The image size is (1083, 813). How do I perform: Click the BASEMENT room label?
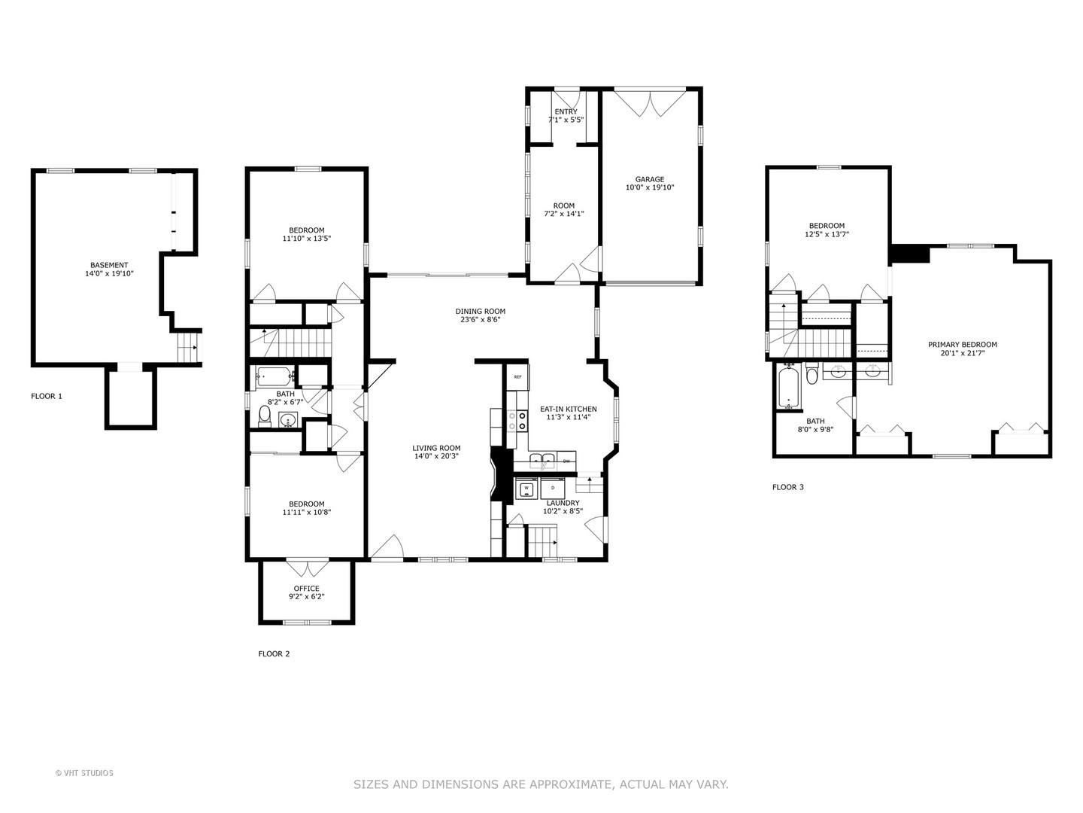point(109,265)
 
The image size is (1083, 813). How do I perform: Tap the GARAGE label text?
point(649,179)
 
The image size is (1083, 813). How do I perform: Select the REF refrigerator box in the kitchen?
point(517,376)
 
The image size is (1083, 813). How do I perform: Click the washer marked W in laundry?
point(526,489)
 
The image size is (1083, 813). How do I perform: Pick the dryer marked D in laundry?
point(553,489)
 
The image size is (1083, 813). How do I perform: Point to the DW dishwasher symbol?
point(566,461)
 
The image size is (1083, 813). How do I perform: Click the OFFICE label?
point(306,589)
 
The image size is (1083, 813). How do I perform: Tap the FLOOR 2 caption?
point(274,654)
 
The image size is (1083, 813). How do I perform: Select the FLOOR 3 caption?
point(788,487)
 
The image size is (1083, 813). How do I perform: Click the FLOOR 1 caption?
point(47,396)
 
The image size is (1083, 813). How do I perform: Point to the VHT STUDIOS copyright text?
point(84,773)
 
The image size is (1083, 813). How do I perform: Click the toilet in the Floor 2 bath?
point(265,416)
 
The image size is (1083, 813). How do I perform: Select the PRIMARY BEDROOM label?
point(962,345)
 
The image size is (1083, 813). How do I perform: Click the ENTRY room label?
point(566,111)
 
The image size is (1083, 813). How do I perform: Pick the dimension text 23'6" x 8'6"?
point(480,319)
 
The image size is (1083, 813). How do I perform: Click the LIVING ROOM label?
point(436,448)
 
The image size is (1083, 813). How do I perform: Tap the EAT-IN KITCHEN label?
point(568,409)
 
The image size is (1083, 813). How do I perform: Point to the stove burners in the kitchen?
point(517,420)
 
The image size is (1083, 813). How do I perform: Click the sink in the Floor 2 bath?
point(288,421)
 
